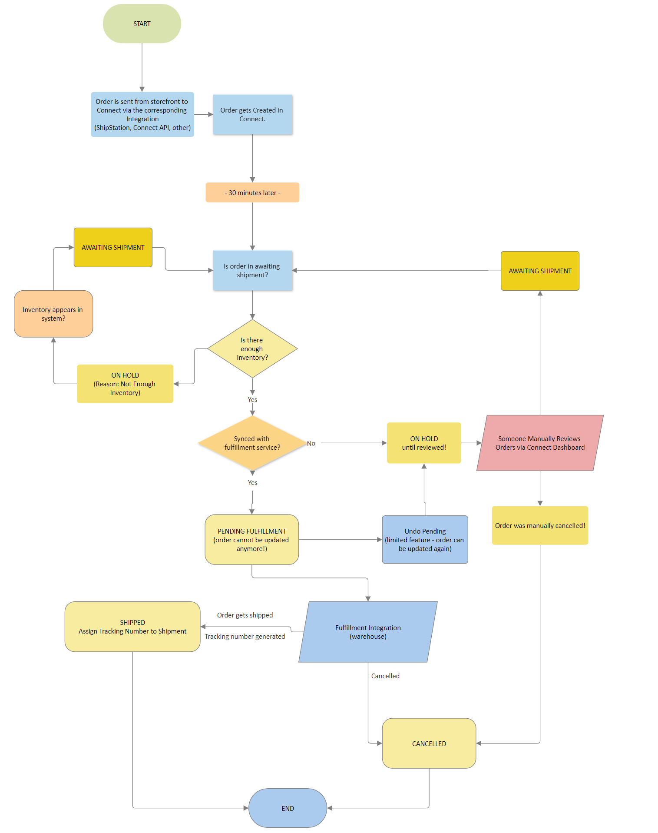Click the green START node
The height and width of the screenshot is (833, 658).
(x=142, y=24)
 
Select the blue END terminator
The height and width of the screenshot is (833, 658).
(x=288, y=808)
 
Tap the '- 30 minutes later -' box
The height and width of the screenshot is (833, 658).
(x=252, y=192)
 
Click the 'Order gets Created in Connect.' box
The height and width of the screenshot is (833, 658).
(x=252, y=115)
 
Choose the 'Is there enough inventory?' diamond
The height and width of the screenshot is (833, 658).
(x=252, y=348)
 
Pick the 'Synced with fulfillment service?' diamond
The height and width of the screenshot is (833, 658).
(x=252, y=443)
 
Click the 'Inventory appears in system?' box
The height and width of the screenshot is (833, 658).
(x=53, y=314)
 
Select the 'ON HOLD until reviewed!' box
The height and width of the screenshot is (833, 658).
(x=424, y=443)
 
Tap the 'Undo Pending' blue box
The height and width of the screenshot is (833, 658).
(x=425, y=540)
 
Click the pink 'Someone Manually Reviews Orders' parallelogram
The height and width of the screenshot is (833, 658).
(x=540, y=443)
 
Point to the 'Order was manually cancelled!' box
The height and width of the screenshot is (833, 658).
(x=540, y=525)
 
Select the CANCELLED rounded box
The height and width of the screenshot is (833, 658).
(x=429, y=743)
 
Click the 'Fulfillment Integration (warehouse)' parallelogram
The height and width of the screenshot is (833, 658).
(x=368, y=632)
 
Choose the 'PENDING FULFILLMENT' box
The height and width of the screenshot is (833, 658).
(x=252, y=540)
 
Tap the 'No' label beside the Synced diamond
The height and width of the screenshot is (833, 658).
(x=311, y=443)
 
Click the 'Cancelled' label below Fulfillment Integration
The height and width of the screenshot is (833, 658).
(x=385, y=676)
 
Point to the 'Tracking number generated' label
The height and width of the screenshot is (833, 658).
(x=245, y=636)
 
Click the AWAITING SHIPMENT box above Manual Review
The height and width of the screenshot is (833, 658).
(x=540, y=271)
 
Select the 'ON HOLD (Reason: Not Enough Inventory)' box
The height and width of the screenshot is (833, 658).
(x=125, y=384)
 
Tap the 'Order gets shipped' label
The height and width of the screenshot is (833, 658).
(x=245, y=615)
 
